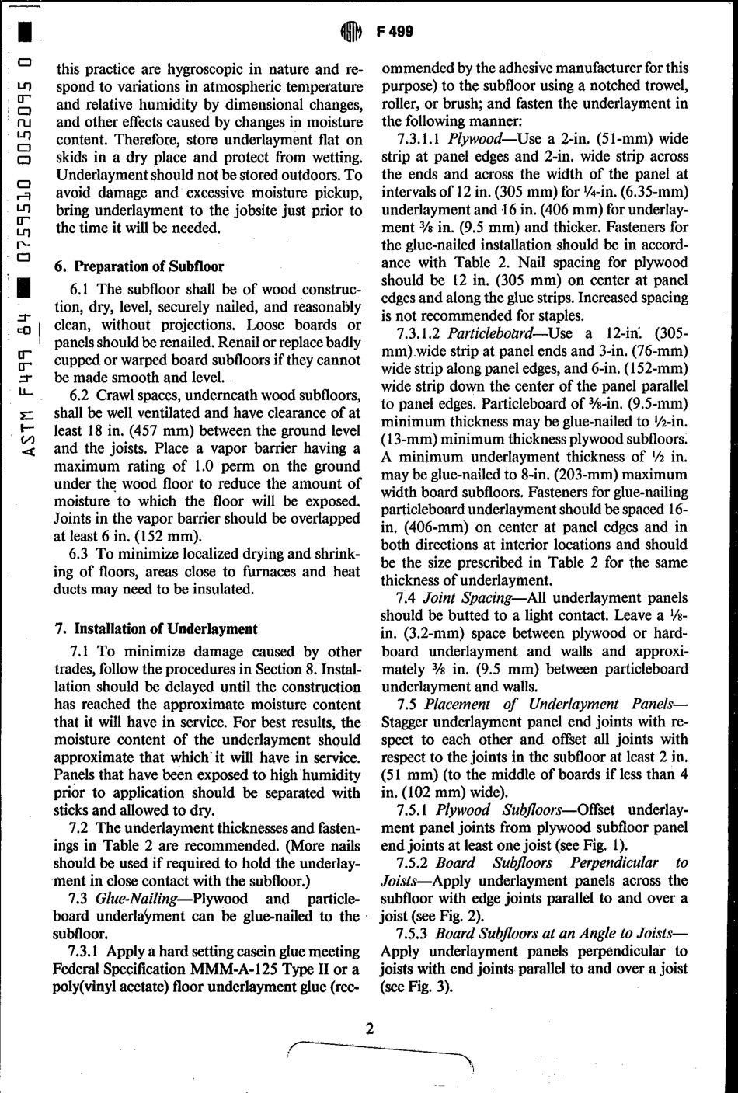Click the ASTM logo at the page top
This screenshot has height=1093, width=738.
pyautogui.click(x=351, y=32)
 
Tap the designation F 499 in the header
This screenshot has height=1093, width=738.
pyautogui.click(x=394, y=32)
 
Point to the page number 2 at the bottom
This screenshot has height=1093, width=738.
pyautogui.click(x=370, y=1029)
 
